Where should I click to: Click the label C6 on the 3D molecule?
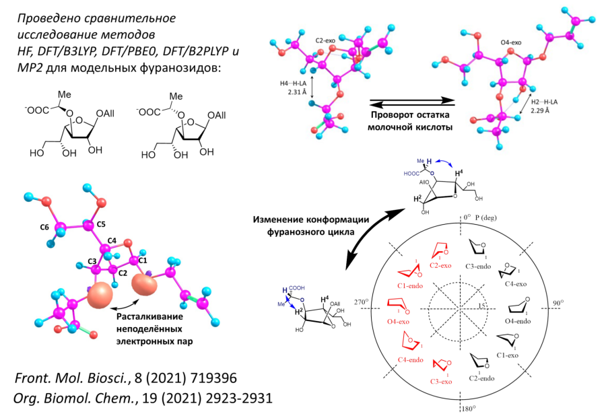[45, 228]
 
